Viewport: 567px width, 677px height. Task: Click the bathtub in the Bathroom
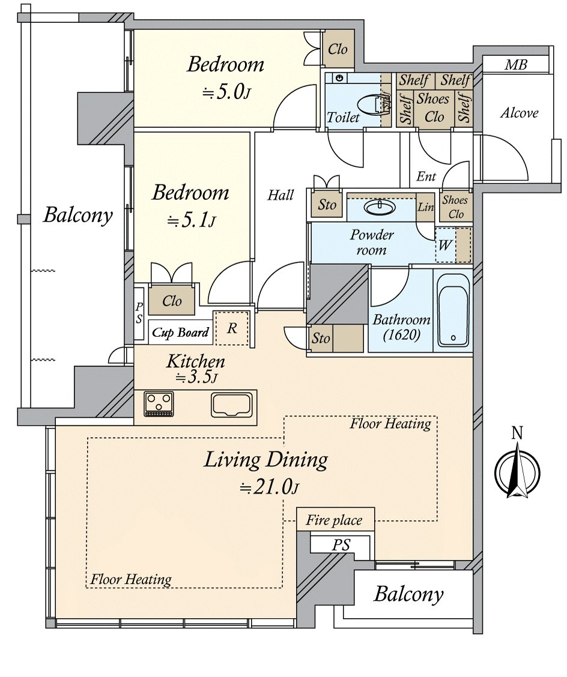(453, 310)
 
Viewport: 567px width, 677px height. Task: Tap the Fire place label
(334, 520)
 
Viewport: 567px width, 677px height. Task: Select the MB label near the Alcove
(515, 65)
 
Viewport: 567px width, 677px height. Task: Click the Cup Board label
(180, 332)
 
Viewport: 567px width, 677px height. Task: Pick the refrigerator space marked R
(231, 328)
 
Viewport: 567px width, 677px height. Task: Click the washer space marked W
(446, 245)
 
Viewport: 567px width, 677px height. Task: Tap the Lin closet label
(425, 206)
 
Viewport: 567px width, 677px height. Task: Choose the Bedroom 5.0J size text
(225, 92)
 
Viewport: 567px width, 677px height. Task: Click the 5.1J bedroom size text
(190, 221)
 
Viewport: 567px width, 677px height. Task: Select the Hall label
(280, 195)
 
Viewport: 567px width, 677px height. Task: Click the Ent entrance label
(426, 177)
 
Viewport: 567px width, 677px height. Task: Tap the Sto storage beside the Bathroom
(321, 338)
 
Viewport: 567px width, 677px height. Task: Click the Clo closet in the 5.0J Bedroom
(338, 49)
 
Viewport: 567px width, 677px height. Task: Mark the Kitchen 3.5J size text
(195, 378)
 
